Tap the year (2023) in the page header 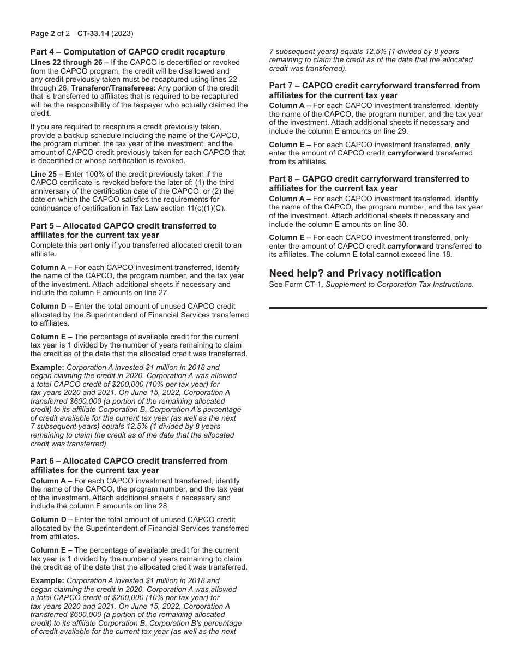(x=123, y=33)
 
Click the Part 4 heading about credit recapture (x=128, y=52)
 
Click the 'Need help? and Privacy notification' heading (x=355, y=273)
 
